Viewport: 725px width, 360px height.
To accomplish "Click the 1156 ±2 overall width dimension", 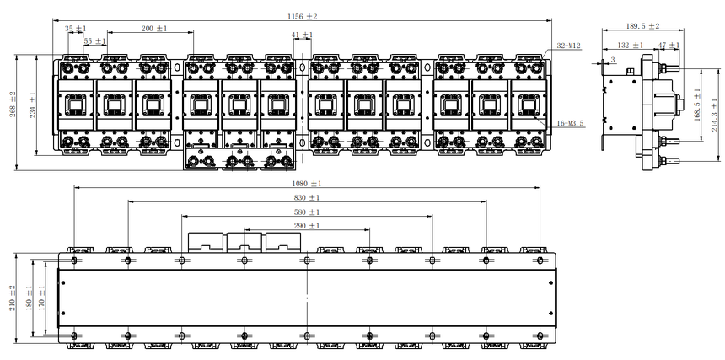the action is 303,17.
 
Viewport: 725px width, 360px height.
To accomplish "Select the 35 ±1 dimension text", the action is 75,28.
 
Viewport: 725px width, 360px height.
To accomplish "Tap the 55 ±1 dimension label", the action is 94,41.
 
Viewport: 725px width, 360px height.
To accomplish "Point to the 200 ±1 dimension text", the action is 154,28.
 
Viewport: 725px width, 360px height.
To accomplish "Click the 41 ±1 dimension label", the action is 302,35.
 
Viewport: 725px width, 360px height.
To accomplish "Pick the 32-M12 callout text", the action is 568,46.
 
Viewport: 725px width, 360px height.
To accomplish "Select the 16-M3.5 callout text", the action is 571,123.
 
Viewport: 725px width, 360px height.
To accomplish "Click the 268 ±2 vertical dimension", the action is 13,104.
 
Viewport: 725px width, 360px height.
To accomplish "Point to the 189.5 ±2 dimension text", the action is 642,26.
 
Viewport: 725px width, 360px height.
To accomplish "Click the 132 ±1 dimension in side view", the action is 631,45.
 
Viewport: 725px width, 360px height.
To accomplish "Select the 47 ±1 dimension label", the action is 669,45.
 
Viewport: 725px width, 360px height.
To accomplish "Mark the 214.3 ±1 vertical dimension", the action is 716,115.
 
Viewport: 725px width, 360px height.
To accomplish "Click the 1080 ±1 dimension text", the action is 307,184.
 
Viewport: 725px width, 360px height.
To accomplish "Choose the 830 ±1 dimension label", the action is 307,198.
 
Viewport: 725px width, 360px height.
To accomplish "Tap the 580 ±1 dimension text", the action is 307,212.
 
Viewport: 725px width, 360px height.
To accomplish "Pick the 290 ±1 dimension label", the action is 307,226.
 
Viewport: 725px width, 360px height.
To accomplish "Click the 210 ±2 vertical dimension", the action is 13,298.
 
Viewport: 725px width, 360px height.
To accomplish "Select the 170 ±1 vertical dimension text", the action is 41,298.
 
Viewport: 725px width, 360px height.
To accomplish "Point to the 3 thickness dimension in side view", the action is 613,60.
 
